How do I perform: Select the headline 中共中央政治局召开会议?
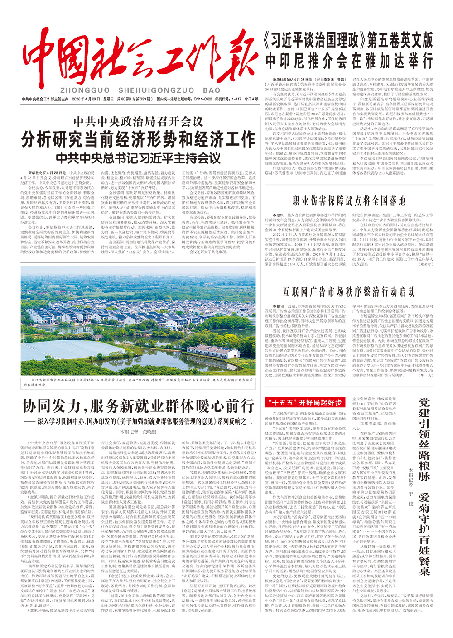[x=138, y=122]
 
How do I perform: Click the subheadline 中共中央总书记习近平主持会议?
[x=138, y=158]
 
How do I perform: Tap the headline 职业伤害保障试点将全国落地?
[x=349, y=200]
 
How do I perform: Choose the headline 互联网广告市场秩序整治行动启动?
[x=349, y=291]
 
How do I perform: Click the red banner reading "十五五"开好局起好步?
[x=304, y=402]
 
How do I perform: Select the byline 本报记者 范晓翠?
[x=138, y=433]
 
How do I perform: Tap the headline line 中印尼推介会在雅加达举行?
[x=349, y=60]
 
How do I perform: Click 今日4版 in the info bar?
[x=251, y=99]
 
